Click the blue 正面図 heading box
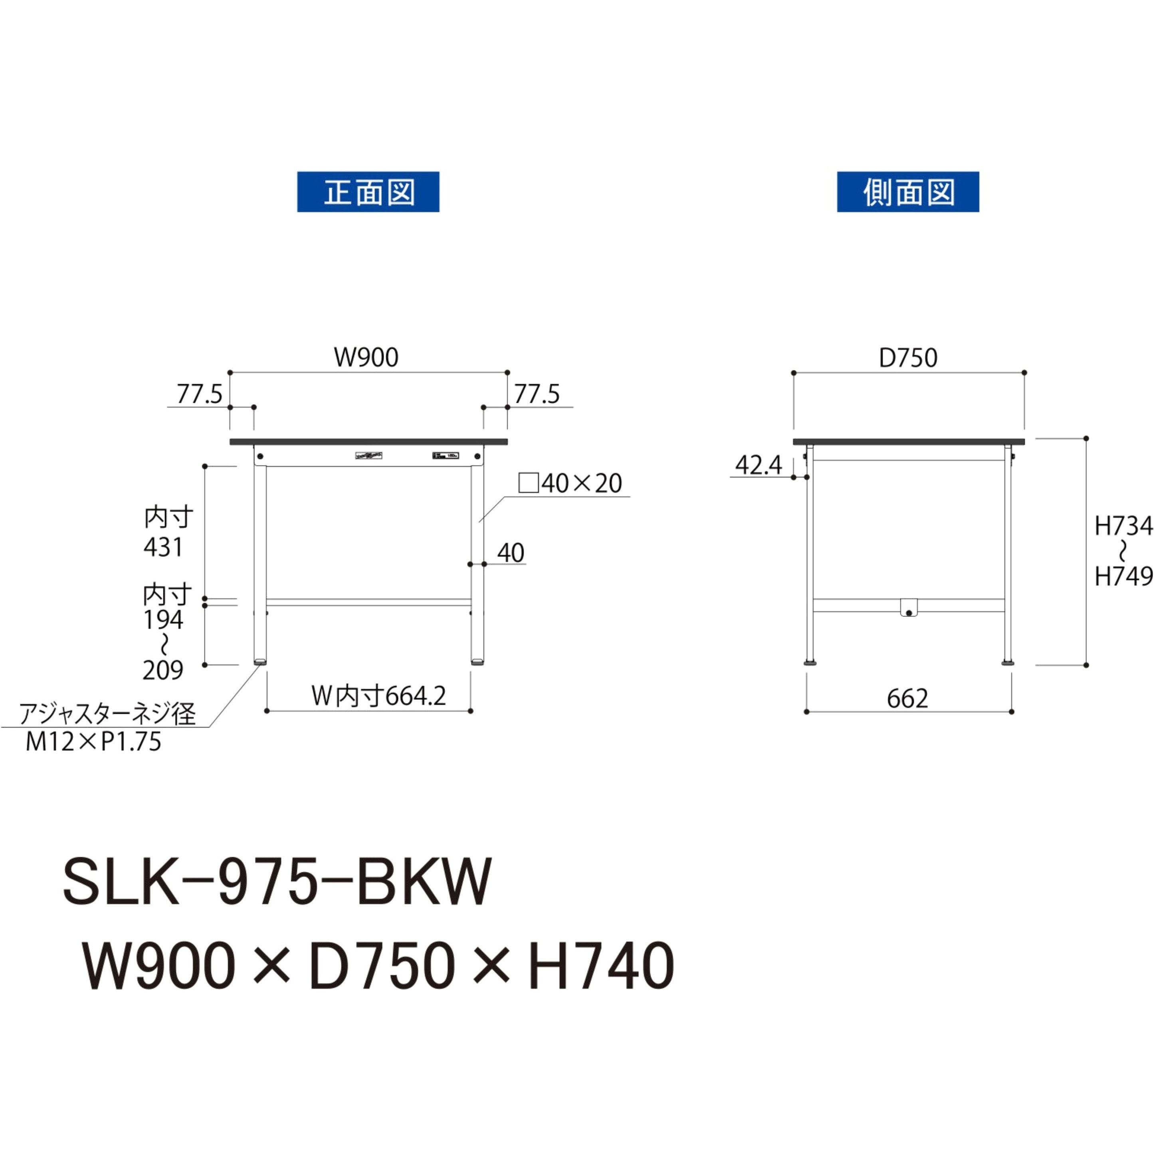(x=368, y=192)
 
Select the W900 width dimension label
(x=366, y=357)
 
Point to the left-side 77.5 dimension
(x=199, y=394)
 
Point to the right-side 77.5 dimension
(x=537, y=394)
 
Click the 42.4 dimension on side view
(x=758, y=465)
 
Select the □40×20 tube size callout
(x=571, y=483)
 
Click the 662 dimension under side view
(x=907, y=698)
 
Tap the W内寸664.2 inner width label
(x=378, y=696)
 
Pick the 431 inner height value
(x=163, y=548)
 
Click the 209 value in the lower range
(x=162, y=671)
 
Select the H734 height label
(x=1123, y=526)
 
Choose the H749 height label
(x=1123, y=577)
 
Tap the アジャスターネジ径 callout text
(x=108, y=714)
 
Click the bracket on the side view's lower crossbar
(x=908, y=607)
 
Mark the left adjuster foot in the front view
(x=260, y=662)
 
